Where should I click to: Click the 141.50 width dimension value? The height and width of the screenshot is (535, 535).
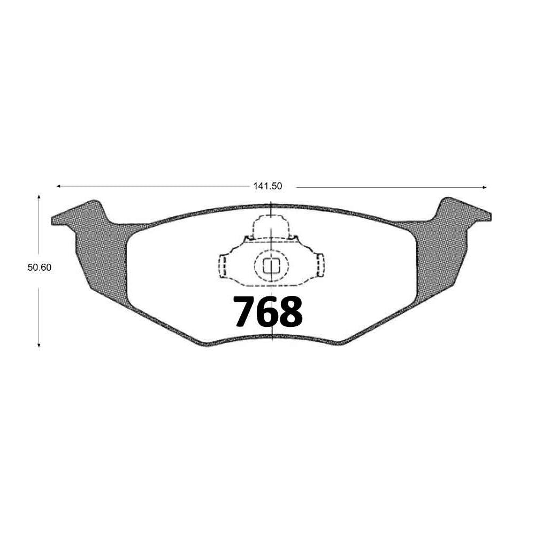pyautogui.click(x=267, y=186)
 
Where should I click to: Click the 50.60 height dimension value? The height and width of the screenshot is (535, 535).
pyautogui.click(x=39, y=267)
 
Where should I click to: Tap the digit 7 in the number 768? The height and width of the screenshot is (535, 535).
pyautogui.click(x=244, y=311)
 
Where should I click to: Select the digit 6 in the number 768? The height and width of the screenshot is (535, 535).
pyautogui.click(x=267, y=311)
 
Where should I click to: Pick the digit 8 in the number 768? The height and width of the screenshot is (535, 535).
pyautogui.click(x=291, y=311)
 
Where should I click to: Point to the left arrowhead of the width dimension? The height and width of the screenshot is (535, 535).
pyautogui.click(x=58, y=186)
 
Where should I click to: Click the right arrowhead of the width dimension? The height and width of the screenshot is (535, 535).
pyautogui.click(x=484, y=187)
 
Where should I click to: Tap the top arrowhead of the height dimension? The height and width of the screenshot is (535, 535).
pyautogui.click(x=39, y=197)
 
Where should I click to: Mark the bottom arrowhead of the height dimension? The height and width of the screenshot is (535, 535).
pyautogui.click(x=39, y=345)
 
